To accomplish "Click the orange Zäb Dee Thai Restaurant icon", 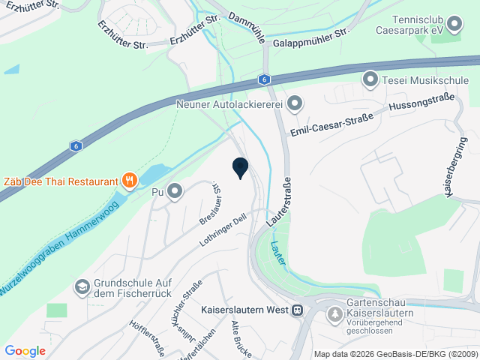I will click(130, 180).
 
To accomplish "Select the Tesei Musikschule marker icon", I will click(370, 78).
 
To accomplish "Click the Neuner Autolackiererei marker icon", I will click(295, 103).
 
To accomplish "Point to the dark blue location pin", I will click(240, 168).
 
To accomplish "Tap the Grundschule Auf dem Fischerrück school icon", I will click(82, 286).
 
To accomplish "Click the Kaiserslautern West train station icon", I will click(298, 309).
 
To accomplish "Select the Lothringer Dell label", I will click(223, 231).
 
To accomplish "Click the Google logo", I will click(25, 350).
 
